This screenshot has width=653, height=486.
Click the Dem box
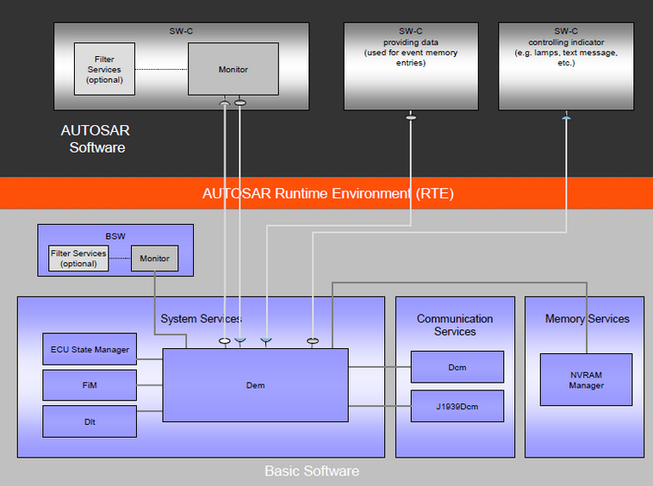pos(255,385)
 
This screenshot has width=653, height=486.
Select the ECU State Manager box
pos(90,349)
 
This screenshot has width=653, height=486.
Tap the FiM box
pos(90,384)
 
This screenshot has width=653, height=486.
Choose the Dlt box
pos(90,421)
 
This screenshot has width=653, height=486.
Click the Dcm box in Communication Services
pos(457,367)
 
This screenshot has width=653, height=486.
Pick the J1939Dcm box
pos(457,406)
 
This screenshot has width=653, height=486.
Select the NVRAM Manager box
pos(586,380)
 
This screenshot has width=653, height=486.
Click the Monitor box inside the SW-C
pos(233,69)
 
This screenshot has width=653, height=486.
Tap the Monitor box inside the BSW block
pos(155,259)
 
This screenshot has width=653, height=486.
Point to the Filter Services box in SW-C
pos(104,69)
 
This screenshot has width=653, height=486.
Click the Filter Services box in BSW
pos(78,259)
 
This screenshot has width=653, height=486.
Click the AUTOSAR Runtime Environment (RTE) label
pos(327,193)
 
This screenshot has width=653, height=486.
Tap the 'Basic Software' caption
pos(312,471)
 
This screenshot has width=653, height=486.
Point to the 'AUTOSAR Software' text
pos(96,140)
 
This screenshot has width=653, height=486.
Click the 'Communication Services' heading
pos(455,325)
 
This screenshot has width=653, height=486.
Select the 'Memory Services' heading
pos(587,319)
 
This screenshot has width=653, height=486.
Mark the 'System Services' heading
pos(201,319)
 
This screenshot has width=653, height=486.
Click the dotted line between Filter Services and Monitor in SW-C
pos(161,69)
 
